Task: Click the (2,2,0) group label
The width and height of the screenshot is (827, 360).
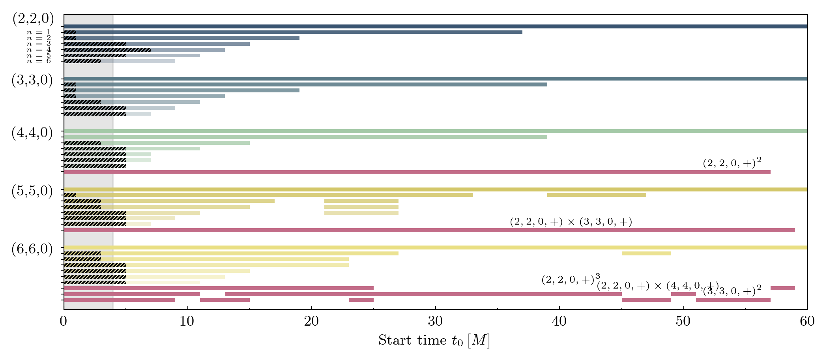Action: (33, 19)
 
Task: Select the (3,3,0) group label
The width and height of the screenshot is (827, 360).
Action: (32, 80)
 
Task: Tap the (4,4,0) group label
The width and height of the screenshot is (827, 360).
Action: (32, 133)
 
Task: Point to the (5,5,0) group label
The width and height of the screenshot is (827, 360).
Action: (32, 191)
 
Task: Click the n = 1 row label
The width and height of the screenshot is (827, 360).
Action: (39, 32)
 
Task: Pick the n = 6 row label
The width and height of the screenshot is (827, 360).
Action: (39, 61)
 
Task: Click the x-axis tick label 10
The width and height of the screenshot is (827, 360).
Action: (187, 321)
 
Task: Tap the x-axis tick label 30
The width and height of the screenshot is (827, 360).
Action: (435, 321)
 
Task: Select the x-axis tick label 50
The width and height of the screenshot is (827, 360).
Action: (683, 321)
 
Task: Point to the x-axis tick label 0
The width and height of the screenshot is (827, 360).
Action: (64, 321)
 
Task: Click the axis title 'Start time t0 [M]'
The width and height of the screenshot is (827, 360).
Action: (434, 340)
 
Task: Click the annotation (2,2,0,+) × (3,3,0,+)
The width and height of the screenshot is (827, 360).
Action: (571, 222)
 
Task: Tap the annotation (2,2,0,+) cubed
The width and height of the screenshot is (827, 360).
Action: (571, 279)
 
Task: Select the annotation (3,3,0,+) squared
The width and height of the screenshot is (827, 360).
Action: (732, 291)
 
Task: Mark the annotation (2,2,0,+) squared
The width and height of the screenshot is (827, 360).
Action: (732, 163)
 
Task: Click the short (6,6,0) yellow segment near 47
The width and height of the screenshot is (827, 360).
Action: (646, 253)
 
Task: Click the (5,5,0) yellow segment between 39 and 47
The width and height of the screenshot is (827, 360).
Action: (597, 195)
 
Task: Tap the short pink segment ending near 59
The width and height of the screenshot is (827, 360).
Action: (783, 288)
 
